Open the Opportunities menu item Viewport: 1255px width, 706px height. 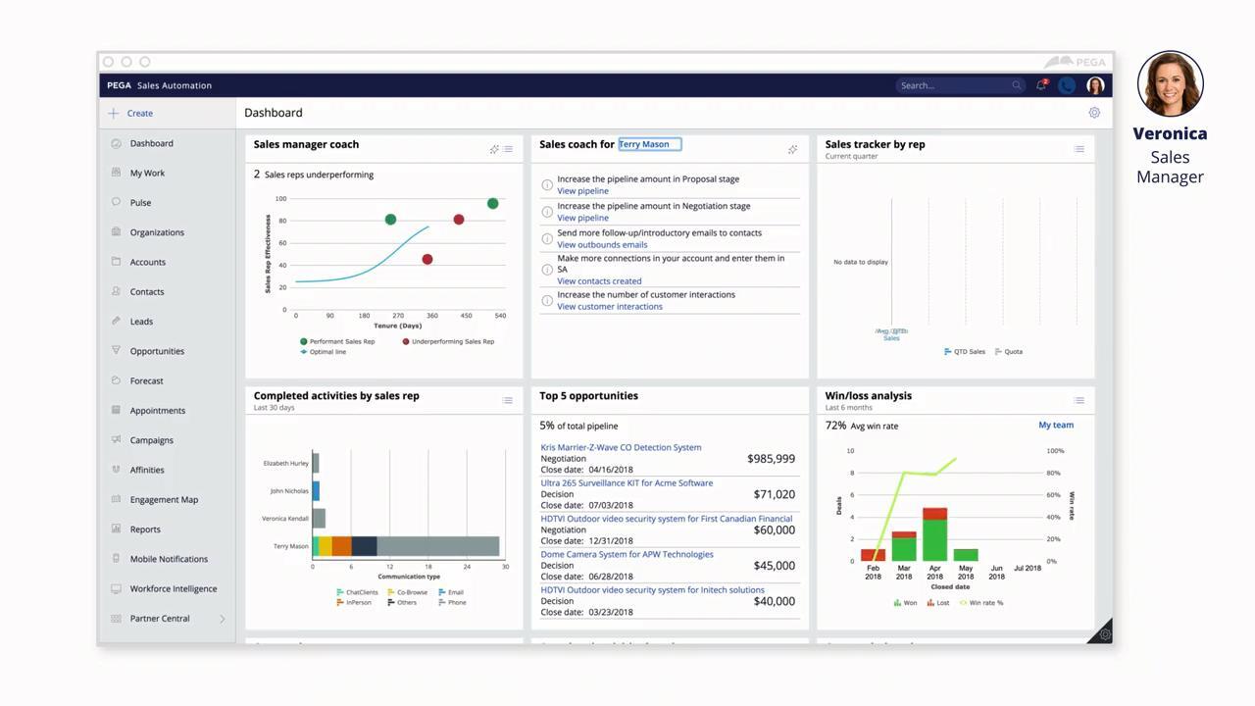pos(157,351)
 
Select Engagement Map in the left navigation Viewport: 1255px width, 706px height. pos(164,499)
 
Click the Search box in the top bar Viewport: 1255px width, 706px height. pos(956,85)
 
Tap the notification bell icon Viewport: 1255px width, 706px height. pos(1040,85)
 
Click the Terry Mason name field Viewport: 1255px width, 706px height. pos(649,144)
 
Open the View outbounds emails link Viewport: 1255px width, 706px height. pos(602,245)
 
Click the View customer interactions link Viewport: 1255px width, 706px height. pos(609,307)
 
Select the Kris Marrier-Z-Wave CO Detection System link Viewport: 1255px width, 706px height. pos(621,447)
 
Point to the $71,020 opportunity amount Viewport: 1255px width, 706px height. pos(774,494)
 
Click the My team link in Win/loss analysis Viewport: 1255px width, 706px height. pos(1055,425)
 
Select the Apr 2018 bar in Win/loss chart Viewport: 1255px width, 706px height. pos(934,534)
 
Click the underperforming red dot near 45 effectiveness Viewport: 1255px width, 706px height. pos(427,259)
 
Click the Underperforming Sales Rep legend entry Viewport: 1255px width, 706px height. pos(452,341)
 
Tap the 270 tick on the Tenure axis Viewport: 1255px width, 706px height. pos(398,316)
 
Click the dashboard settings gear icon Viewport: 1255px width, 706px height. pos(1094,113)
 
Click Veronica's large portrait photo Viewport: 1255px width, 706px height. pos(1170,84)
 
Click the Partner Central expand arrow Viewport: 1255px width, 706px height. pos(222,619)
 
